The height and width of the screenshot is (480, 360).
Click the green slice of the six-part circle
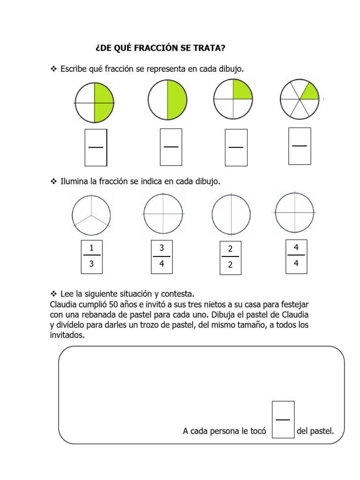click(308, 91)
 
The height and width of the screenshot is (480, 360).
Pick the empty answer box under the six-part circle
click(300, 146)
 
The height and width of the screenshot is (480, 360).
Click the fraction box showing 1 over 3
click(91, 256)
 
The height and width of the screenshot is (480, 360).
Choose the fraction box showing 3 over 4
click(162, 256)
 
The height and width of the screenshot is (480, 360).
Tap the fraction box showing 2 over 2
click(230, 257)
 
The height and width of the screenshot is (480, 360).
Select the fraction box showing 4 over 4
click(296, 255)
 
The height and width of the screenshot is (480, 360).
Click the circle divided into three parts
click(91, 215)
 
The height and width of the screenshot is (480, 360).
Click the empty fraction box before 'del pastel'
click(283, 419)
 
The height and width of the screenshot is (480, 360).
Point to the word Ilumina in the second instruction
click(75, 180)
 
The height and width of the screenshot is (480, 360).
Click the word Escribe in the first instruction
click(76, 69)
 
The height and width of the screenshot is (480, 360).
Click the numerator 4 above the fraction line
click(296, 247)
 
